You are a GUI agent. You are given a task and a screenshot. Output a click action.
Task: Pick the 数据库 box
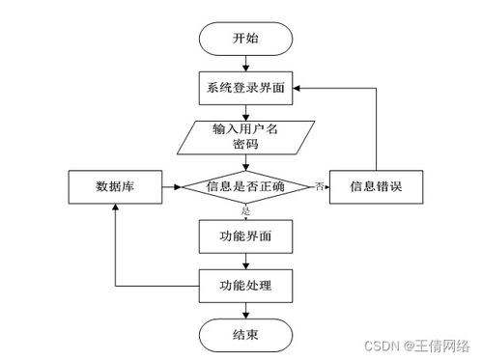pyautogui.click(x=114, y=186)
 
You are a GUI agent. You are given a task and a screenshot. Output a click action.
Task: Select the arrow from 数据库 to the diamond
pyautogui.click(x=171, y=186)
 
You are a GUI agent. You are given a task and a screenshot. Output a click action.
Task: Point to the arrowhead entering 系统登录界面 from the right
pyautogui.click(x=299, y=87)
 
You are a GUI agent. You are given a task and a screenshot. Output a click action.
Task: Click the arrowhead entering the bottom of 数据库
pyautogui.click(x=114, y=209)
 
